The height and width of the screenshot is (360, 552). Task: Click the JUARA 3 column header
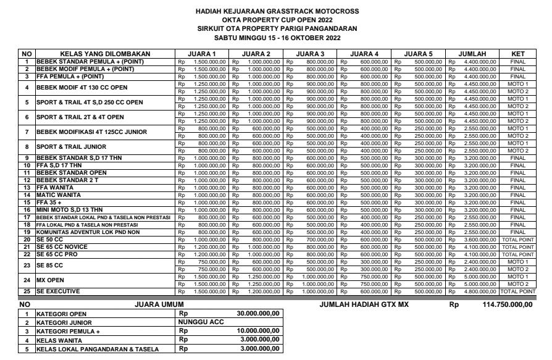pos(312,54)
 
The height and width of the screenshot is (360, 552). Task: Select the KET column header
pos(519,54)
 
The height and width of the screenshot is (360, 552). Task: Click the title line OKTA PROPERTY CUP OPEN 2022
pos(276,19)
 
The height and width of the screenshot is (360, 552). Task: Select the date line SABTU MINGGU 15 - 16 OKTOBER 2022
pos(276,37)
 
